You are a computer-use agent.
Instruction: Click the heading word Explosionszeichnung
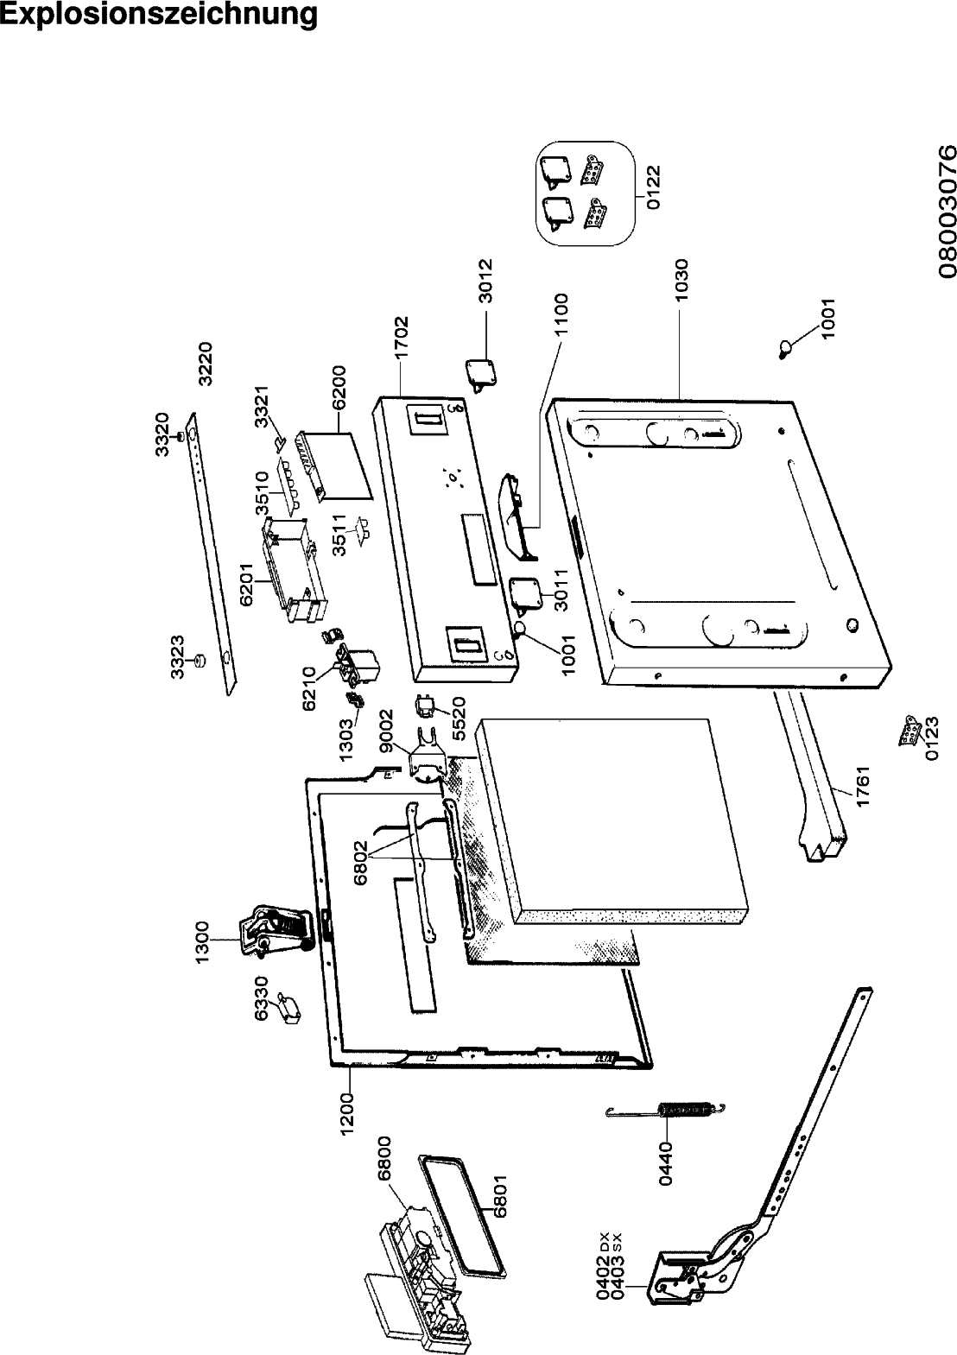pyautogui.click(x=158, y=16)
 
